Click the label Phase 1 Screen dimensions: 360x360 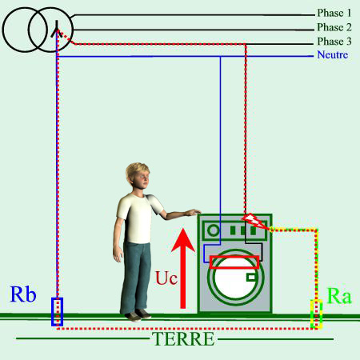tap(334, 13)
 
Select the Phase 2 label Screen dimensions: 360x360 tap(334, 27)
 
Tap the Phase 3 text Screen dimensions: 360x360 tap(334, 42)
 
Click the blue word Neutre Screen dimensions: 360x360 tap(333, 54)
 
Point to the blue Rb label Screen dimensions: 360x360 tap(23, 294)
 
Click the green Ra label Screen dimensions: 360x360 tap(339, 296)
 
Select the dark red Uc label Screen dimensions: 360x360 tap(166, 278)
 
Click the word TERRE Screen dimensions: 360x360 tap(183, 338)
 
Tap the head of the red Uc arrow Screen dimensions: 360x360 tap(183, 239)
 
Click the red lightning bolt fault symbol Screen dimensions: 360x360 tap(254, 221)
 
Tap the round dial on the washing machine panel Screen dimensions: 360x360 tap(214, 230)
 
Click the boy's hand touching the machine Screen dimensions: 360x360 tap(194, 213)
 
